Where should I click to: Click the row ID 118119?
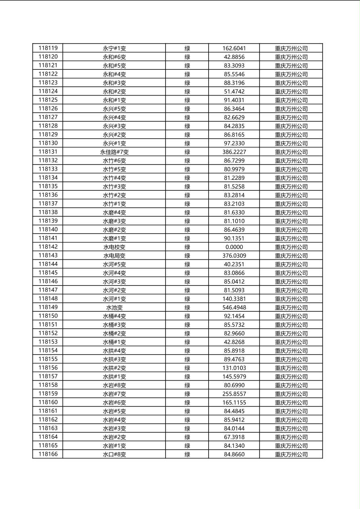click(x=48, y=48)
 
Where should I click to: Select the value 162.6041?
click(x=234, y=48)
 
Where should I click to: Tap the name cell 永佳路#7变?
click(x=114, y=152)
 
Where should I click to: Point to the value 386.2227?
click(x=234, y=152)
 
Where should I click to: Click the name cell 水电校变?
click(x=114, y=247)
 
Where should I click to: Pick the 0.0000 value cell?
click(x=234, y=247)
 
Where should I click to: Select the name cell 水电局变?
click(x=114, y=256)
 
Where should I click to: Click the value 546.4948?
click(x=234, y=307)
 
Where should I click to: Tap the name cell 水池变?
click(x=114, y=307)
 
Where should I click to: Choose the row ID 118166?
click(x=48, y=454)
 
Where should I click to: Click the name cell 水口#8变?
click(x=114, y=454)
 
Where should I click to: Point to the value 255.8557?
click(x=234, y=394)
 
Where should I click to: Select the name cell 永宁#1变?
click(x=114, y=48)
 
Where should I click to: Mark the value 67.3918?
click(x=234, y=437)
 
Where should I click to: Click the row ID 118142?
click(x=48, y=247)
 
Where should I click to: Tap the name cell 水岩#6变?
click(x=114, y=403)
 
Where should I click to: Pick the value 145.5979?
click(x=234, y=377)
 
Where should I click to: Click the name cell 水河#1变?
click(x=114, y=299)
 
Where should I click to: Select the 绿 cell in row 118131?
click(x=187, y=152)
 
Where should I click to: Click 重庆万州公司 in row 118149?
click(x=291, y=307)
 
